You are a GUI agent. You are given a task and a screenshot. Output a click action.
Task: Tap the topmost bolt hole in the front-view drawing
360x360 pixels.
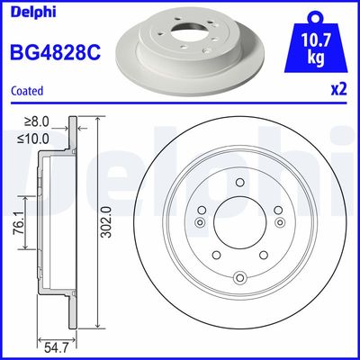pos(240,183)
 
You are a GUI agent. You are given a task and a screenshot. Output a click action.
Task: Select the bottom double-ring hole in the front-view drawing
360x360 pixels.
pos(239,277)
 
